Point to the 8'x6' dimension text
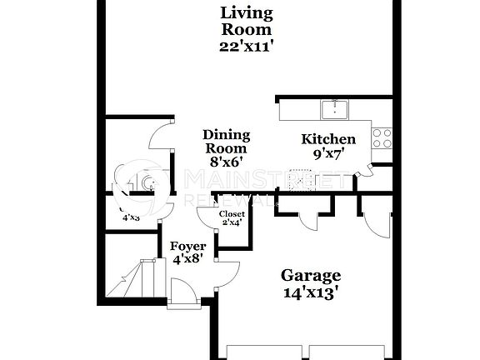226,163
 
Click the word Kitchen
328,139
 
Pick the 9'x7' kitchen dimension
328,154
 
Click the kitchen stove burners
382,137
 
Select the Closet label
231,214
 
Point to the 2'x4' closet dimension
231,223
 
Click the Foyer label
187,246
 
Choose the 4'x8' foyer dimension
187,259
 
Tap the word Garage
310,276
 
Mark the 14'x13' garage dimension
310,292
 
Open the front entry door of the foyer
182,293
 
